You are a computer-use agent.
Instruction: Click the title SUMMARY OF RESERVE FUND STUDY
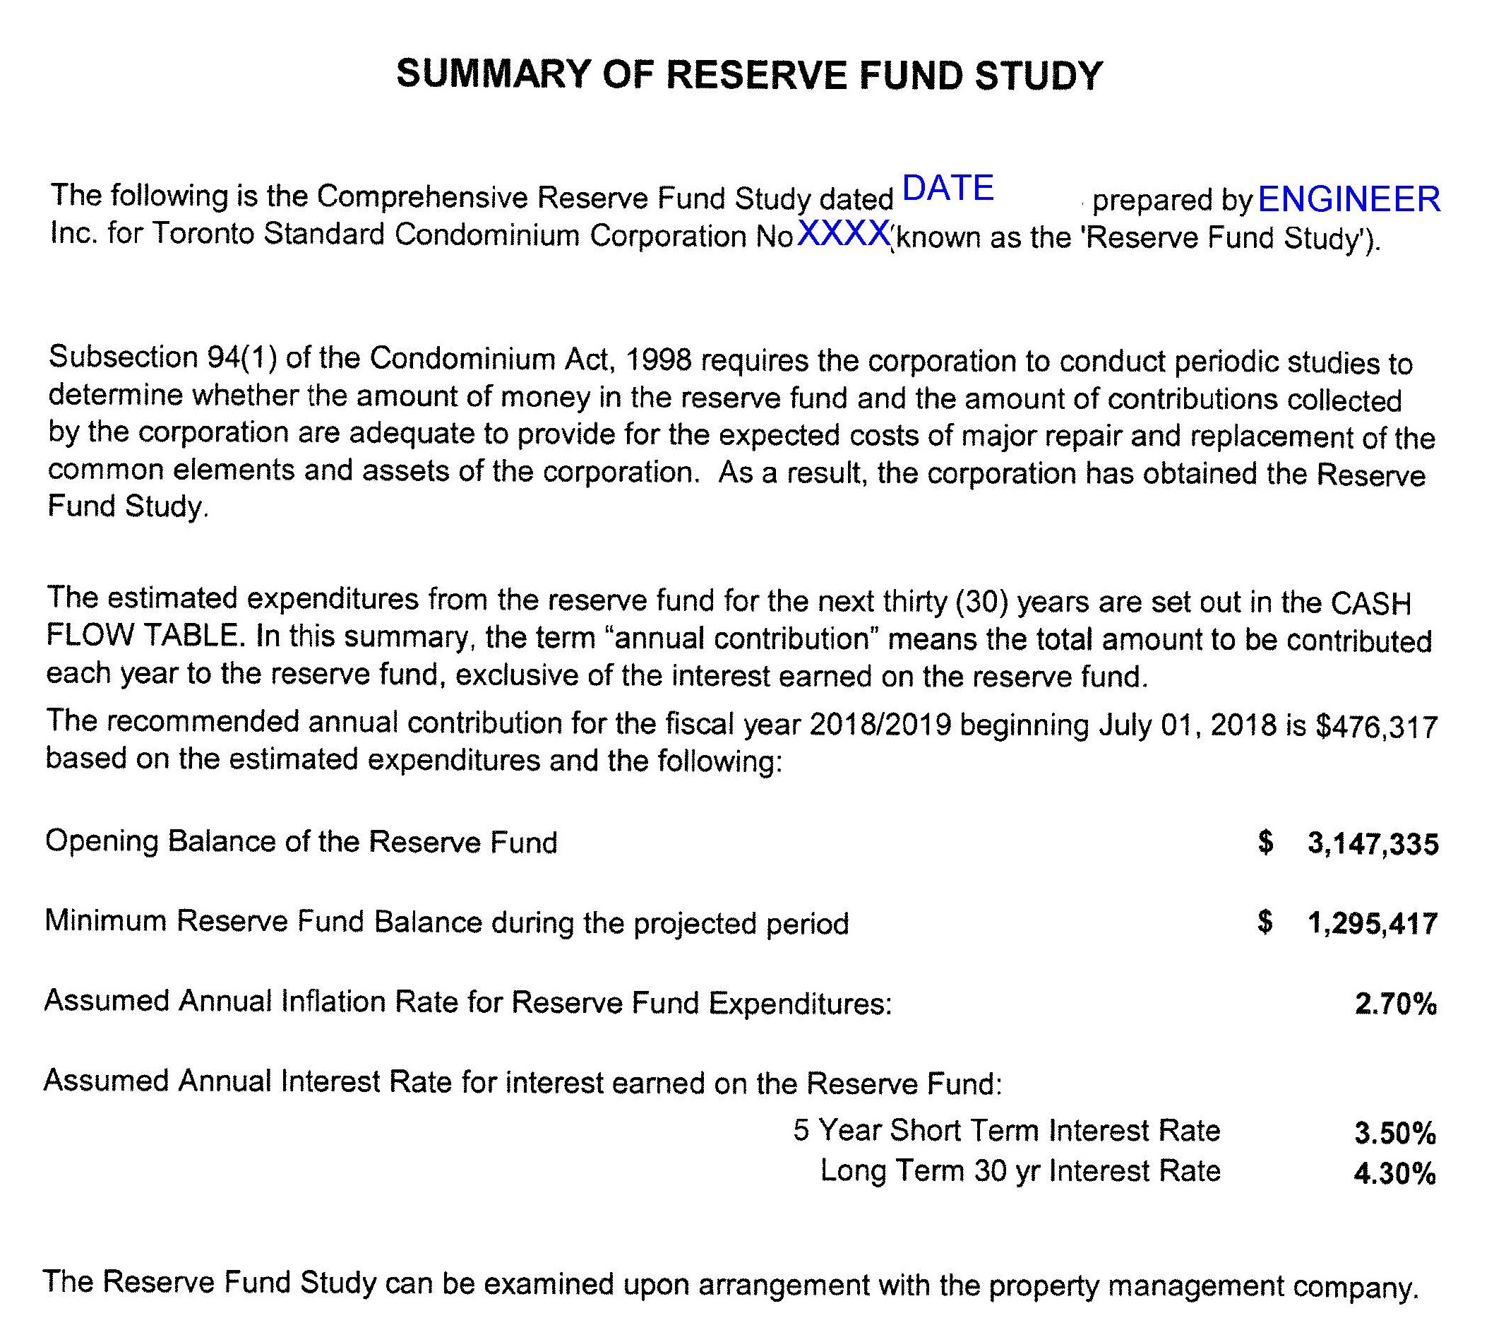[748, 76]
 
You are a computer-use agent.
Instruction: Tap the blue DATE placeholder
[948, 189]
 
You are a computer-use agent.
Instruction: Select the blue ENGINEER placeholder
[1349, 199]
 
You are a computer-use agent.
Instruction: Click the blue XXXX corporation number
[843, 234]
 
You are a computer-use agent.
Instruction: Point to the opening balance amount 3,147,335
[1373, 844]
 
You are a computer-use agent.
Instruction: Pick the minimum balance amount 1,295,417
[1373, 924]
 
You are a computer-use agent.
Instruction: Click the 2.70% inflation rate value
[1395, 1004]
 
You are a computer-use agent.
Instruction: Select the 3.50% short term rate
[1394, 1134]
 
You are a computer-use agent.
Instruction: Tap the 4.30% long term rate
[1394, 1174]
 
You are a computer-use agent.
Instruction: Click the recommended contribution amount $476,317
[1376, 728]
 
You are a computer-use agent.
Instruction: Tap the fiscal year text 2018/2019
[880, 725]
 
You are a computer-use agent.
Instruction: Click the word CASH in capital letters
[1370, 604]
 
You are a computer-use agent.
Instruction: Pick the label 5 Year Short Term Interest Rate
[1007, 1131]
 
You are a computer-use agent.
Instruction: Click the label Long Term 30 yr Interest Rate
[1020, 1171]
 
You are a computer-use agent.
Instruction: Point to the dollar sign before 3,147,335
[1266, 843]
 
